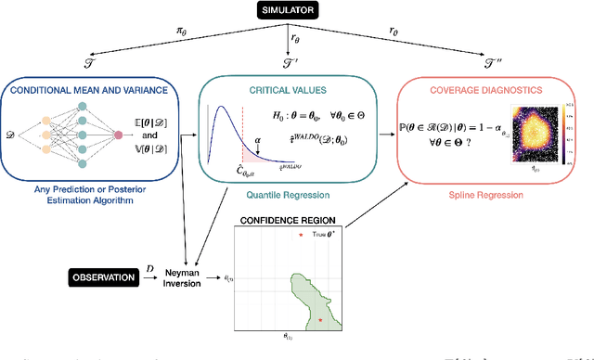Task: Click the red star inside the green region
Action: pyautogui.click(x=320, y=319)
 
